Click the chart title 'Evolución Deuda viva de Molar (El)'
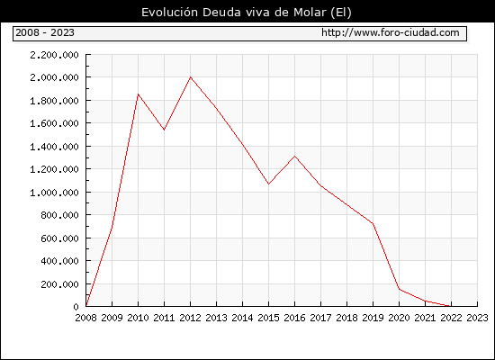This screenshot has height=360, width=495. tap(247, 13)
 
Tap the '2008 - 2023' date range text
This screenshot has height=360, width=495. tap(45, 32)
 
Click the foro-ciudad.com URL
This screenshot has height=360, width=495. tap(391, 32)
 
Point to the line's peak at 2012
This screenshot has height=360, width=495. tap(191, 77)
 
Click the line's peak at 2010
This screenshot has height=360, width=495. tap(138, 94)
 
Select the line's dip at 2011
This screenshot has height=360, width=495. tap(164, 130)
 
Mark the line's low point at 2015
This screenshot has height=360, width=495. tap(269, 184)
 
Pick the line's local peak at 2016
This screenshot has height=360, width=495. tap(295, 156)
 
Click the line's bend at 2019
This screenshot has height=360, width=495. tap(373, 223)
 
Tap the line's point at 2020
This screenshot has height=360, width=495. tap(399, 289)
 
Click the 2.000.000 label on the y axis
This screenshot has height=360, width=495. tap(54, 77)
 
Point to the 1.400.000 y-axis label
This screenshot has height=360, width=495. tap(54, 147)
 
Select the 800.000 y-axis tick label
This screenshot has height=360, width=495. tap(59, 215)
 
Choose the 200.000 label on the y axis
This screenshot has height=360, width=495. tap(59, 284)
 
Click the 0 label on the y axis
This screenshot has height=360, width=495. tap(76, 307)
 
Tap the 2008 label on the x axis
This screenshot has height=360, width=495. tap(85, 318)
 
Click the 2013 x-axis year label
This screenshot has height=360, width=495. tap(217, 318)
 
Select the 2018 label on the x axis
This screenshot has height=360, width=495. tap(346, 318)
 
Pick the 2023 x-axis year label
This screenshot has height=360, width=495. tap(477, 318)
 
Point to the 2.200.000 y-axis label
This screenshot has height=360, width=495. tap(54, 55)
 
